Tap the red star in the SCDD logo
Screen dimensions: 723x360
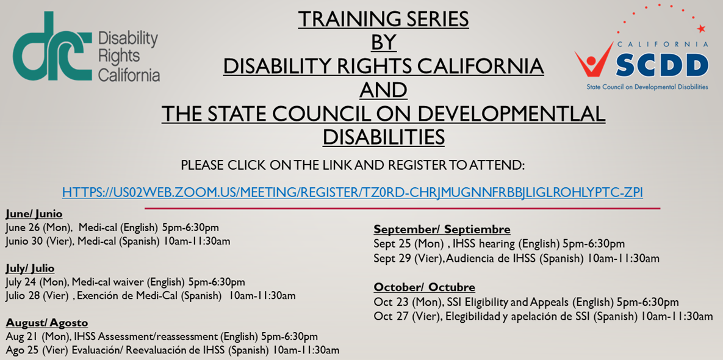click(701, 29)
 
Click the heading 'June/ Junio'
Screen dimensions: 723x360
click(34, 214)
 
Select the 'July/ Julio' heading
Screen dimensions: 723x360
click(30, 268)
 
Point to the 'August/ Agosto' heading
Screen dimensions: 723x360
click(46, 323)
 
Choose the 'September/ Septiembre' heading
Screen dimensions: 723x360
click(442, 229)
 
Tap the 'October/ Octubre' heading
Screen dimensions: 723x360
click(424, 287)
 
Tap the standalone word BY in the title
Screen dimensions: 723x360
click(383, 43)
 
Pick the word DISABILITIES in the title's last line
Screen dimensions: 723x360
click(383, 137)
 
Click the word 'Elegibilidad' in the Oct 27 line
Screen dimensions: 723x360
click(467, 317)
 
